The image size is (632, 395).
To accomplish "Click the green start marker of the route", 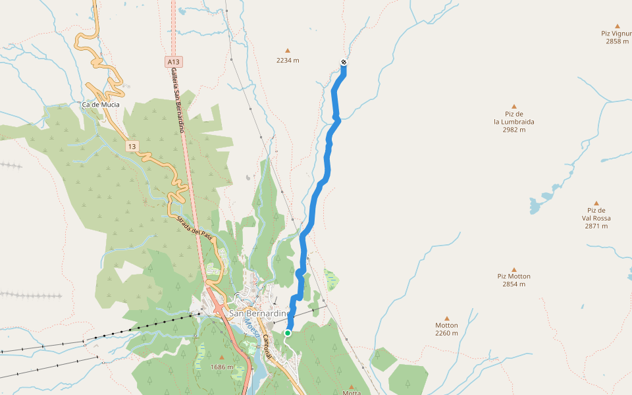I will click(288, 333).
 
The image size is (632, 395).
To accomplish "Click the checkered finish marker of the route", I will click(344, 63).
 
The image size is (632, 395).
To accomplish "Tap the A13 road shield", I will click(174, 62).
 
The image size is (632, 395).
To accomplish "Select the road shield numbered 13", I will click(132, 146).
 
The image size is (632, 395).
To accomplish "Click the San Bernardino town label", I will click(258, 314).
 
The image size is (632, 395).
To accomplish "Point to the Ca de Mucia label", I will click(100, 105).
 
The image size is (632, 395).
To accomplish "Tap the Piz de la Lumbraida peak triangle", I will click(514, 105).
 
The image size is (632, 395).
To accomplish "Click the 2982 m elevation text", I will click(514, 130).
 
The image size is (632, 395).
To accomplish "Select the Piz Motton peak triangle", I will click(514, 269).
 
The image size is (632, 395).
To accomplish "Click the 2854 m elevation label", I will click(514, 284).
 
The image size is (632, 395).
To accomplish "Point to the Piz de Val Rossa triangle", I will click(596, 203).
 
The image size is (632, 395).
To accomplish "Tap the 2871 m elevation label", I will click(596, 226).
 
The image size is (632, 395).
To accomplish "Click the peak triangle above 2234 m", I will click(288, 50).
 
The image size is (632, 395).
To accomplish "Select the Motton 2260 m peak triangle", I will click(446, 318).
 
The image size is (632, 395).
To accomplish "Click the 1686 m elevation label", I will click(222, 367).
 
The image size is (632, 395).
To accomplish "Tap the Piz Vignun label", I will click(617, 33).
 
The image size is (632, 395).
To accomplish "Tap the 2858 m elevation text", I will click(617, 41).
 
